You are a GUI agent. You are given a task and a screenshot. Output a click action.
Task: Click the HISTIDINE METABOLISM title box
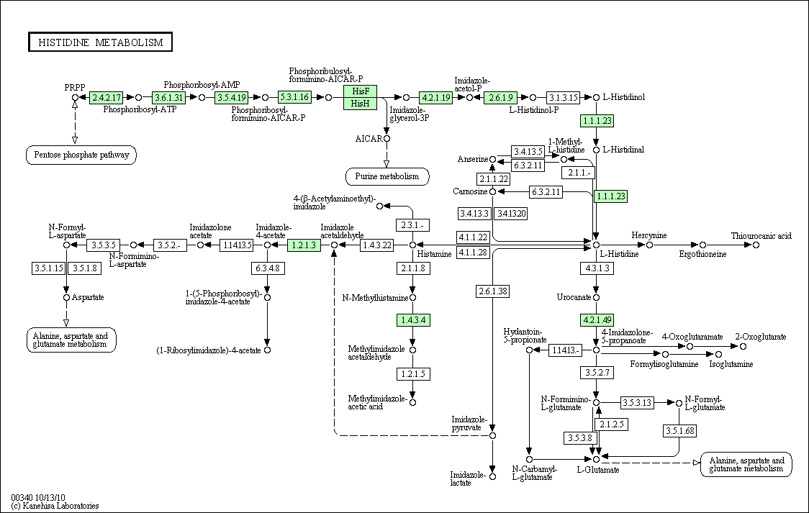[101, 42]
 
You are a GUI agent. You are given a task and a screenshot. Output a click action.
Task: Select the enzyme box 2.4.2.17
[107, 97]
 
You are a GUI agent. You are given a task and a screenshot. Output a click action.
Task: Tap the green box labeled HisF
[361, 91]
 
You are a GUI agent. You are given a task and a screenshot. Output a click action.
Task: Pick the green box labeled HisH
[361, 104]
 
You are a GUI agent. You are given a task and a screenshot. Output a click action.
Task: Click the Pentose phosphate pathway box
[81, 155]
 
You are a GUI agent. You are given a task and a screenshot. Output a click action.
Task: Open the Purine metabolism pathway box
[387, 176]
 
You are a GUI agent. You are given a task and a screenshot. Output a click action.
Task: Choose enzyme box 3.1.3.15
[563, 97]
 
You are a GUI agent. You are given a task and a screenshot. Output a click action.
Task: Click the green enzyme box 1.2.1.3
[303, 245]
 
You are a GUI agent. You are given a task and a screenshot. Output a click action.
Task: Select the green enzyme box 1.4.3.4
[412, 319]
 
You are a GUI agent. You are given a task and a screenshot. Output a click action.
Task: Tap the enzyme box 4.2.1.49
[596, 319]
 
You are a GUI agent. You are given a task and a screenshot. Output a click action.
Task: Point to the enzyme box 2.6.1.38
[492, 291]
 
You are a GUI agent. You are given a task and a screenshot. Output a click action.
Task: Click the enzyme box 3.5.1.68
[679, 431]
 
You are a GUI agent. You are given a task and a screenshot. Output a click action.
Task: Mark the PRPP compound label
[75, 87]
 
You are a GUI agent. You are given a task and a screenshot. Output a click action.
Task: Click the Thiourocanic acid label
[761, 235]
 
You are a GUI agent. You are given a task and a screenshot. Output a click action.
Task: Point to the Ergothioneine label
[702, 254]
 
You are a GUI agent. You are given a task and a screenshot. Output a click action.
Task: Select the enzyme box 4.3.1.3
[596, 268]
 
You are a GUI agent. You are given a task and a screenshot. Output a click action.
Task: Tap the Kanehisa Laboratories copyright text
[55, 506]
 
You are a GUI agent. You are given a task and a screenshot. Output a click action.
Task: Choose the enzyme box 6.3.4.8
[266, 268]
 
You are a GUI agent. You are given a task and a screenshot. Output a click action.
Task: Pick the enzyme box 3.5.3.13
[637, 403]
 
